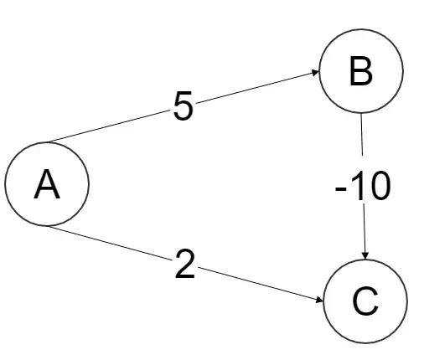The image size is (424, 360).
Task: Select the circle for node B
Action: [x=359, y=74]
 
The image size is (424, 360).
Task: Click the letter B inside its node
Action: [x=360, y=74]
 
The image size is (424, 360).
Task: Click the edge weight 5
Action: [x=184, y=106]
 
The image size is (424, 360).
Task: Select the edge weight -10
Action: [x=362, y=188]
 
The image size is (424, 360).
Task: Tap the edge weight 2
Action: [x=186, y=265]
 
